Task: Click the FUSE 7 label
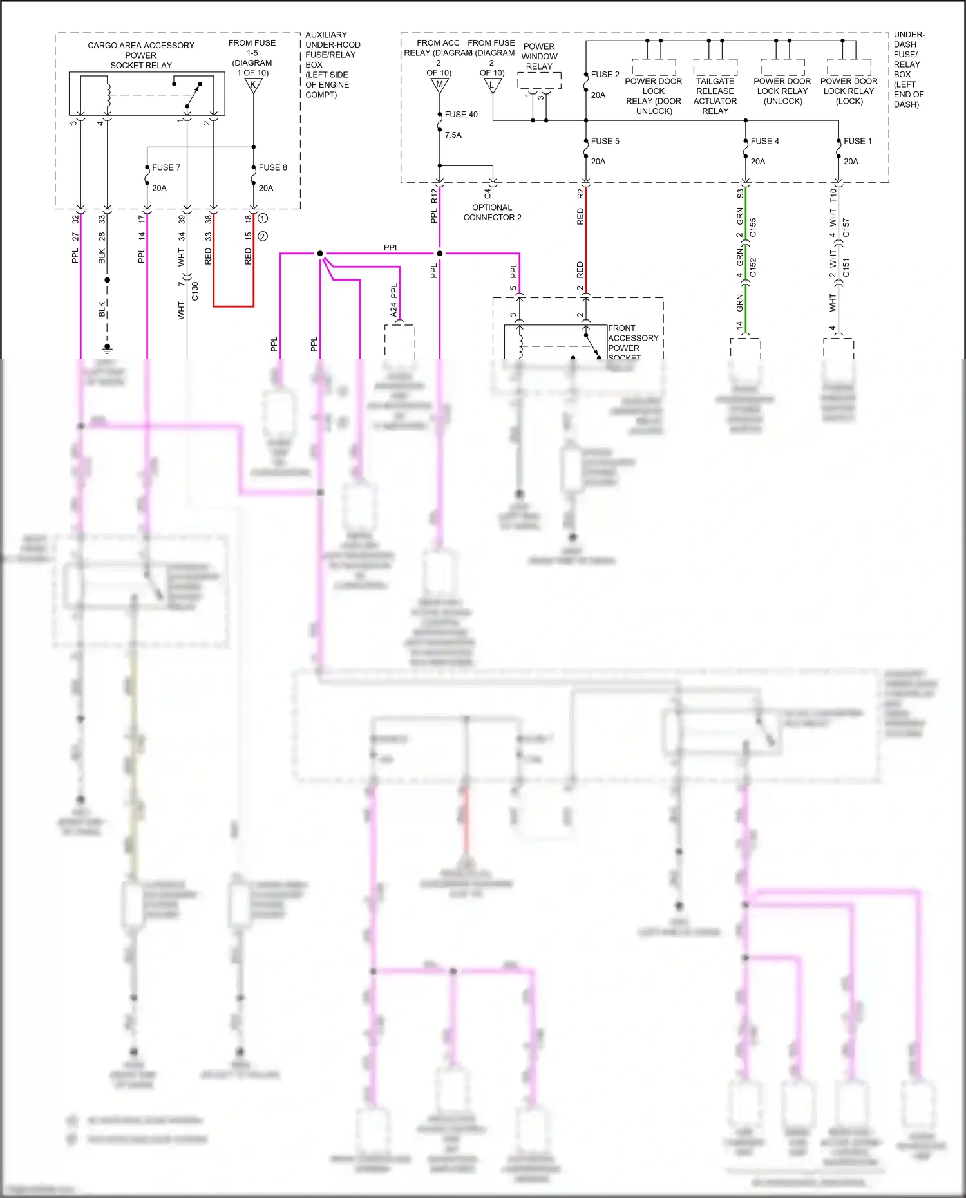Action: pyautogui.click(x=166, y=167)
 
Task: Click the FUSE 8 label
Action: pyautogui.click(x=272, y=167)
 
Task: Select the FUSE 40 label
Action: pyautogui.click(x=461, y=115)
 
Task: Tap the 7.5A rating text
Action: pyautogui.click(x=453, y=135)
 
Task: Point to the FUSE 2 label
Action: pyautogui.click(x=605, y=75)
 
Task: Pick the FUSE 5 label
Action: pyautogui.click(x=605, y=141)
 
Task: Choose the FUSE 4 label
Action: pyautogui.click(x=764, y=141)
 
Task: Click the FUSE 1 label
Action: pyautogui.click(x=857, y=141)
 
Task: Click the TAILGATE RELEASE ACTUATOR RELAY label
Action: pyautogui.click(x=715, y=96)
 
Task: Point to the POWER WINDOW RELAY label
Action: pyautogui.click(x=539, y=57)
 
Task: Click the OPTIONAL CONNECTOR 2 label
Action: pyautogui.click(x=492, y=212)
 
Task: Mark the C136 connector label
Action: pyautogui.click(x=195, y=291)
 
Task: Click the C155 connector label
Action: pyautogui.click(x=753, y=227)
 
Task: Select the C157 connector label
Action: pyautogui.click(x=846, y=227)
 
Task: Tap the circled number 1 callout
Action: pyautogui.click(x=263, y=219)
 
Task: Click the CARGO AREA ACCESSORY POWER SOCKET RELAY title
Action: pyautogui.click(x=141, y=55)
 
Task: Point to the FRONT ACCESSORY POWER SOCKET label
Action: pyautogui.click(x=632, y=342)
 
